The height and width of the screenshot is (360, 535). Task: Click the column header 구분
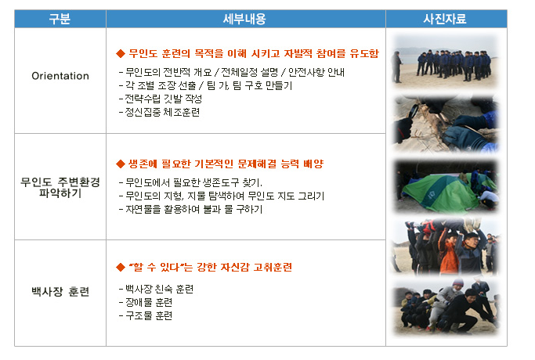[60, 19]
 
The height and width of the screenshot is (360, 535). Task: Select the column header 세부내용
[244, 19]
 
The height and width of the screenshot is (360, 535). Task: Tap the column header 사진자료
[445, 19]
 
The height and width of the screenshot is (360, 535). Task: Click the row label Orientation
[60, 76]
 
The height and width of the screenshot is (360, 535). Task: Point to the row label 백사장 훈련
[60, 291]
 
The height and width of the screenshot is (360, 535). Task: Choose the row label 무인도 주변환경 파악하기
[60, 187]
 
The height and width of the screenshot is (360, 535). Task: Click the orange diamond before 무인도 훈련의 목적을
[121, 53]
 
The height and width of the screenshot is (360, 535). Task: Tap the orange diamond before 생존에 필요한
[121, 164]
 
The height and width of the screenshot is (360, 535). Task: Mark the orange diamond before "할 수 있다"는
[121, 267]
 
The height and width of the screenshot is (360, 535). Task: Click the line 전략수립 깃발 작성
[161, 99]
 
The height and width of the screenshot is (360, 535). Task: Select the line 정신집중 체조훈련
[159, 112]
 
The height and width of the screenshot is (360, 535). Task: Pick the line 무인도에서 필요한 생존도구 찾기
[190, 182]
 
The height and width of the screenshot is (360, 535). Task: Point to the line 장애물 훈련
[146, 302]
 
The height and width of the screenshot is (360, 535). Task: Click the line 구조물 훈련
[146, 315]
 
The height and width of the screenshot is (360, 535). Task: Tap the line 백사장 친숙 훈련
[156, 289]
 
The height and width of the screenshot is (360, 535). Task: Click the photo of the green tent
[446, 186]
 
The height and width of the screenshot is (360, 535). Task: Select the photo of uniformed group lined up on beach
[445, 62]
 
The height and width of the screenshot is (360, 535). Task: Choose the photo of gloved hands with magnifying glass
[446, 124]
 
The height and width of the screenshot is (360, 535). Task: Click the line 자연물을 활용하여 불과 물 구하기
[190, 209]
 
